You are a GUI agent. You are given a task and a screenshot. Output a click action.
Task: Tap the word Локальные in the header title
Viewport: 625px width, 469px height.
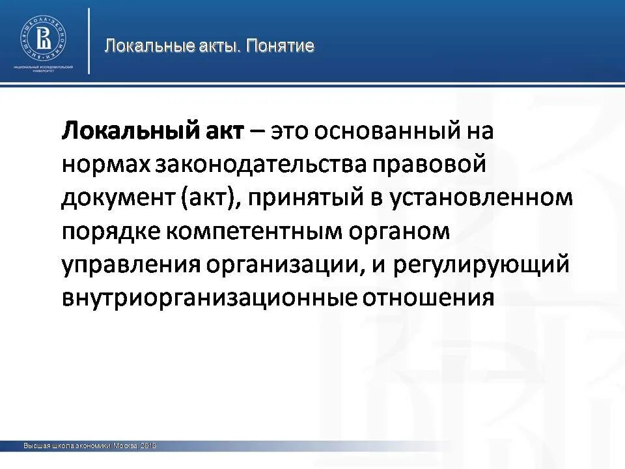139,46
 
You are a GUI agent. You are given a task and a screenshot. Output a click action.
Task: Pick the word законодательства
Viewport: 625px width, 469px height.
260,165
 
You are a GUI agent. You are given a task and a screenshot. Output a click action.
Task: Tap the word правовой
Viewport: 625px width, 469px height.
430,165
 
